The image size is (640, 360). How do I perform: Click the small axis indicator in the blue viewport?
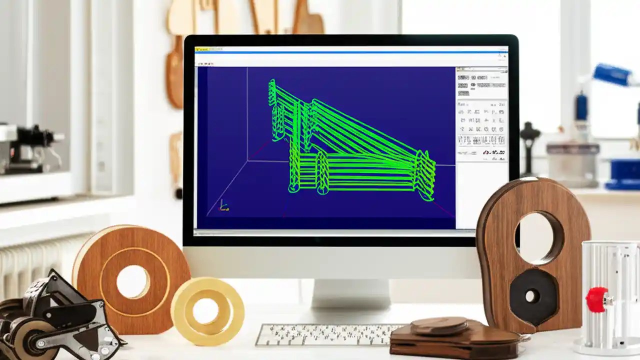[x=224, y=206]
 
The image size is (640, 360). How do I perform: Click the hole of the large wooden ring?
[x=132, y=281]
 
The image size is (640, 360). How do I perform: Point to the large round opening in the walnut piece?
[x=538, y=237]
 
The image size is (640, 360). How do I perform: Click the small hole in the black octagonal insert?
[x=531, y=296]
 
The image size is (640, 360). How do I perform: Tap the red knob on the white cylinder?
[x=596, y=299]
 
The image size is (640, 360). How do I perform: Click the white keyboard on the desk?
[x=325, y=334]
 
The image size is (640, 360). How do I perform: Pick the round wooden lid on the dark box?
[x=439, y=326]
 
